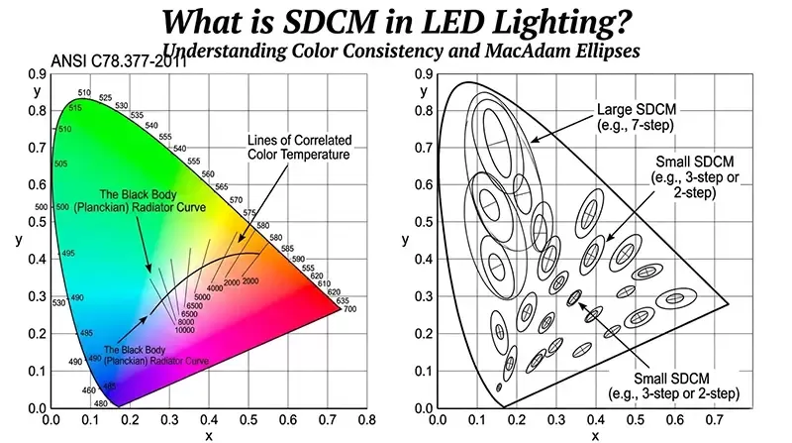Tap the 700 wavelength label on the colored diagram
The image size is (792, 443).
pyautogui.click(x=348, y=310)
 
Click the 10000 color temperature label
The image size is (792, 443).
pyautogui.click(x=184, y=329)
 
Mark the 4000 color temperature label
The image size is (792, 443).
pyautogui.click(x=215, y=288)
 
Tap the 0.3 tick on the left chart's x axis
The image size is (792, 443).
pyautogui.click(x=169, y=420)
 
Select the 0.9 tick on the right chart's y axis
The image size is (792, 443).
pyautogui.click(x=425, y=74)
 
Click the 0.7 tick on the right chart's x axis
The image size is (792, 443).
pyautogui.click(x=711, y=420)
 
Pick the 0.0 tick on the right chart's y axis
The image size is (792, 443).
pyautogui.click(x=425, y=407)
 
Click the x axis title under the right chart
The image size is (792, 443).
pyautogui.click(x=594, y=435)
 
